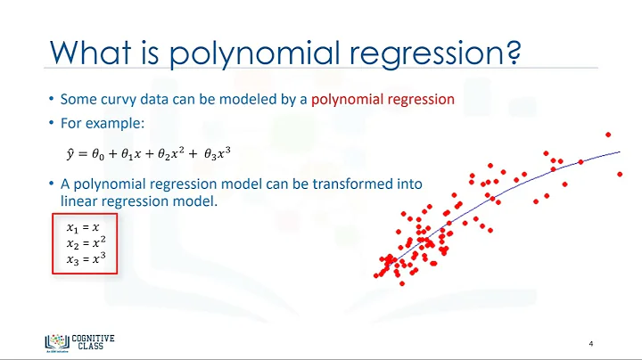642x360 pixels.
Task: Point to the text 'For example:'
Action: (x=94, y=122)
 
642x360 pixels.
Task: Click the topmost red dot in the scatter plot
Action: (x=608, y=135)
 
